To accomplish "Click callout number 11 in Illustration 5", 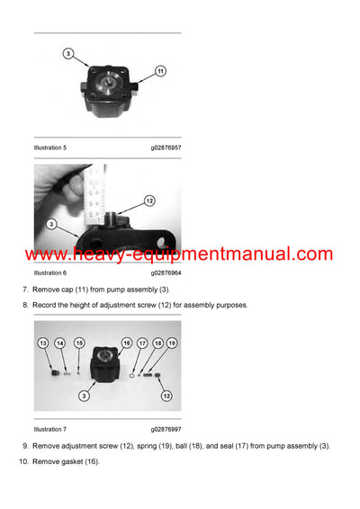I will tap(160, 70).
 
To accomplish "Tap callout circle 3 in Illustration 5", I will tap(68, 54).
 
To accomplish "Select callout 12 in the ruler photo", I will tap(149, 201).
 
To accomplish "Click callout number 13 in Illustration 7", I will tap(42, 344).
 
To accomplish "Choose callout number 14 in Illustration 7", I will tap(60, 344).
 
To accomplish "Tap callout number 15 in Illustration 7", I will tap(79, 344).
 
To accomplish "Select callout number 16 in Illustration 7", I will tap(126, 344).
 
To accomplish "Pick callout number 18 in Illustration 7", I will tap(158, 344).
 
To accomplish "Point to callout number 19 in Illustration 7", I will tap(172, 344).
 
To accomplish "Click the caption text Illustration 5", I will tap(50, 147).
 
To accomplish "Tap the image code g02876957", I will tap(166, 147).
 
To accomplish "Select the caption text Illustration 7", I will tap(50, 430).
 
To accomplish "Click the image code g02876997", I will tap(166, 430).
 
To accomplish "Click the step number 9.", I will tap(24, 446).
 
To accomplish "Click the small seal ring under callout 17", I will tap(134, 368).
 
